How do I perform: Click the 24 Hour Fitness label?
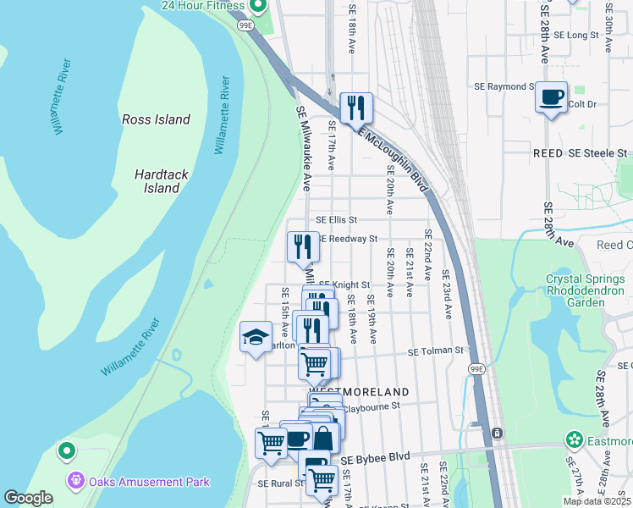[x=204, y=5]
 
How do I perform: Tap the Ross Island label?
[x=156, y=119]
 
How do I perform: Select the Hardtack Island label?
[x=157, y=180]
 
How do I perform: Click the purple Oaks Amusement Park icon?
[x=76, y=482]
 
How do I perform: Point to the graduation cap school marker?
[x=256, y=338]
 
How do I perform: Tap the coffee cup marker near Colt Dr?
[x=552, y=98]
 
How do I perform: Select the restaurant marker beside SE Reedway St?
[x=303, y=247]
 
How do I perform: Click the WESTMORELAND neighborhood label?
[x=359, y=392]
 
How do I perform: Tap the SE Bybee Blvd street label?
[x=375, y=457]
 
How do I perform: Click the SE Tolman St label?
[x=436, y=351]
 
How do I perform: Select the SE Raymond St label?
[x=504, y=86]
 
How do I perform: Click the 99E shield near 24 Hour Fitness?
[x=246, y=26]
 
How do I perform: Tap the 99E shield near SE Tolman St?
[x=477, y=368]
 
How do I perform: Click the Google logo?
[x=28, y=497]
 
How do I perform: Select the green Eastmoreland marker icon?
[x=575, y=439]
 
